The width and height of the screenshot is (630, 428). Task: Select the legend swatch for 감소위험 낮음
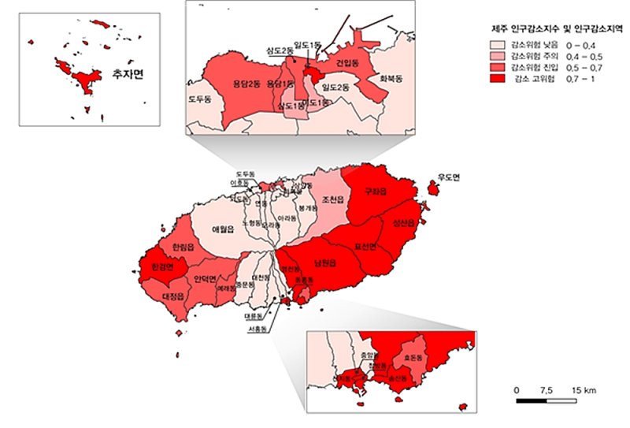[498, 46]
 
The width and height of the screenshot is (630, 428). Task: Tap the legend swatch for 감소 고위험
[498, 79]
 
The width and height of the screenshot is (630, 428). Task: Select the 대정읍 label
[172, 296]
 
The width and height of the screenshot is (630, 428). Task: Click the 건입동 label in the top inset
[347, 61]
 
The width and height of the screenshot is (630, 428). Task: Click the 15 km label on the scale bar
[583, 390]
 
